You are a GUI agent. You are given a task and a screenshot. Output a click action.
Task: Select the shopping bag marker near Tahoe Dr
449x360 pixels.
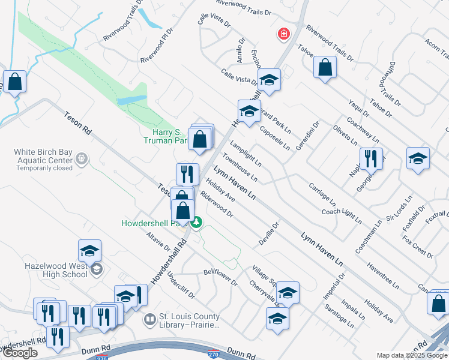[325, 68]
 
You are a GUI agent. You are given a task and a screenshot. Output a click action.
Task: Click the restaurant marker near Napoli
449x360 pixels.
[371, 159]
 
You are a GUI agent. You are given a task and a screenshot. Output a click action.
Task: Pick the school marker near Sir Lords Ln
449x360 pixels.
[418, 158]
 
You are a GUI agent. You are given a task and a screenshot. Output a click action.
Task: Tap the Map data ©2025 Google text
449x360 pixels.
[412, 355]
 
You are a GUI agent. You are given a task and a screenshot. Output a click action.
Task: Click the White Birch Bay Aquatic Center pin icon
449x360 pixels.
[82, 160]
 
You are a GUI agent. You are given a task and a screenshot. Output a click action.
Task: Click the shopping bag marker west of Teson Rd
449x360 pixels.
[14, 81]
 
